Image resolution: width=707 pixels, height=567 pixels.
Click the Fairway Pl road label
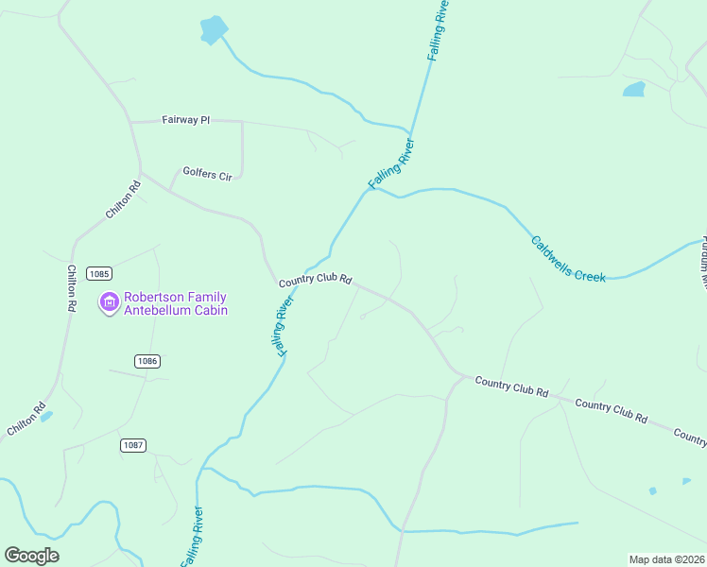point(185,121)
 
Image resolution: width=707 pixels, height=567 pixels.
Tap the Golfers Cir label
point(207,175)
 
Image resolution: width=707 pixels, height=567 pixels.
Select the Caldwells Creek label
point(567,258)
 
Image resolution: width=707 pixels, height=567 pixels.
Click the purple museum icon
point(109,303)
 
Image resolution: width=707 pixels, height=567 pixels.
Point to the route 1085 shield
point(98,274)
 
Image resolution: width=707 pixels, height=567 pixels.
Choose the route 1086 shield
point(147,361)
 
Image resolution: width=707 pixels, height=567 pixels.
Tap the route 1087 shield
point(133,445)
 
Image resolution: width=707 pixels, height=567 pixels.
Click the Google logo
point(32,555)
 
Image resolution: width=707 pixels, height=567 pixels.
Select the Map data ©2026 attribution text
point(665,559)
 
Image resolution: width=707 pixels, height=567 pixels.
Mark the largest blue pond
point(214,30)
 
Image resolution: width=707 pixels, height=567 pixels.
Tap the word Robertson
point(151,297)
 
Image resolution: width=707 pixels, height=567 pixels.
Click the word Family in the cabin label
point(207,297)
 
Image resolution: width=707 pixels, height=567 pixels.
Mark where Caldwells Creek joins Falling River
point(373,189)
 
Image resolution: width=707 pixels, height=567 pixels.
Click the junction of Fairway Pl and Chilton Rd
point(130,123)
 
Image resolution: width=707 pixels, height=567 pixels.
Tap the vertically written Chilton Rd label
point(71,288)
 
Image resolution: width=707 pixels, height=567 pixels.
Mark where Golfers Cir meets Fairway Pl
point(242,123)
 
